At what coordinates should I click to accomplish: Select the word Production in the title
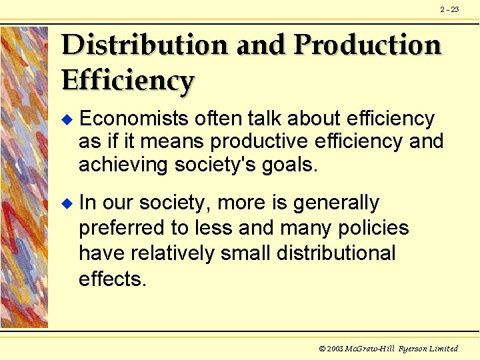pos(367,45)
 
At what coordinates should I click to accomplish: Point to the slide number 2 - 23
pos(449,9)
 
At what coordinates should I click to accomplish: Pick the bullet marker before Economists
pos(65,119)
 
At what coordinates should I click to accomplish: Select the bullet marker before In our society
pos(65,203)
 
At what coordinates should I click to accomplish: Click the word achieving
pos(123,164)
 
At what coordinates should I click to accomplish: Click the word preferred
pos(122,228)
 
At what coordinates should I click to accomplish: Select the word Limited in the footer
pos(443,349)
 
